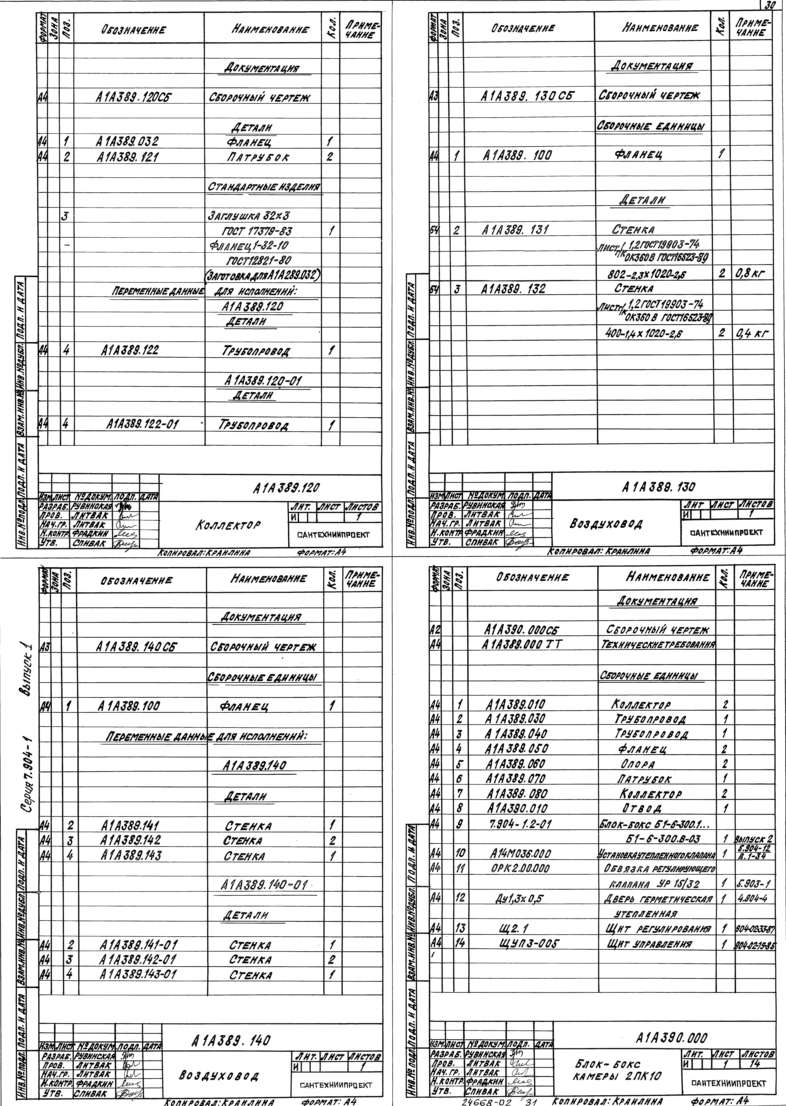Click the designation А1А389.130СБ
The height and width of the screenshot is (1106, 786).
tap(527, 96)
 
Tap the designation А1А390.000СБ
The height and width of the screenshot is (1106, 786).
tap(521, 630)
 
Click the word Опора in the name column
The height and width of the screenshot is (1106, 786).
tap(637, 764)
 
